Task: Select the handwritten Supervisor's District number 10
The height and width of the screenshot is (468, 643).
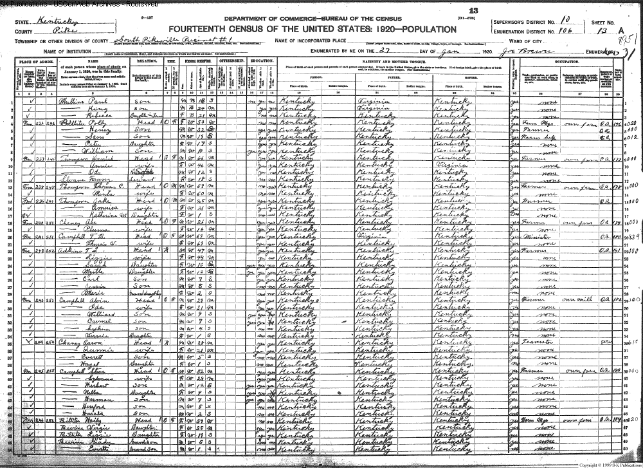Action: [x=566, y=21]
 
